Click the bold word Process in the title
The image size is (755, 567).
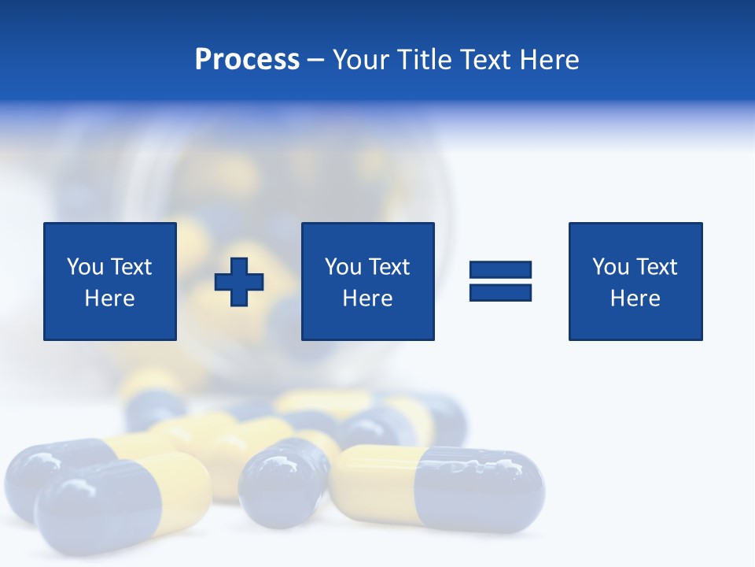(x=247, y=60)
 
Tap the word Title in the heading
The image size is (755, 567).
(x=422, y=60)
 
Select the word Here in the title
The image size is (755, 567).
(x=549, y=60)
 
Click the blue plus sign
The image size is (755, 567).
(x=239, y=282)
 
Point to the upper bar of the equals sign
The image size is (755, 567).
(x=500, y=270)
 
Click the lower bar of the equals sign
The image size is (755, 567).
(x=500, y=292)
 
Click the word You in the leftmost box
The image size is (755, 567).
(x=85, y=267)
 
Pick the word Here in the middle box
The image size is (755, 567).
(x=367, y=298)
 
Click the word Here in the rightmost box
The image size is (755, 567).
(x=635, y=298)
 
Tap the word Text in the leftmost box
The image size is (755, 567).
(x=131, y=267)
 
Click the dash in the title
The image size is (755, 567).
(x=315, y=60)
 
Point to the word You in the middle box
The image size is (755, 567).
(x=343, y=267)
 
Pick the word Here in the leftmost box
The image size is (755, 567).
(x=109, y=298)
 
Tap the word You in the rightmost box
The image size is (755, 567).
(x=610, y=267)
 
